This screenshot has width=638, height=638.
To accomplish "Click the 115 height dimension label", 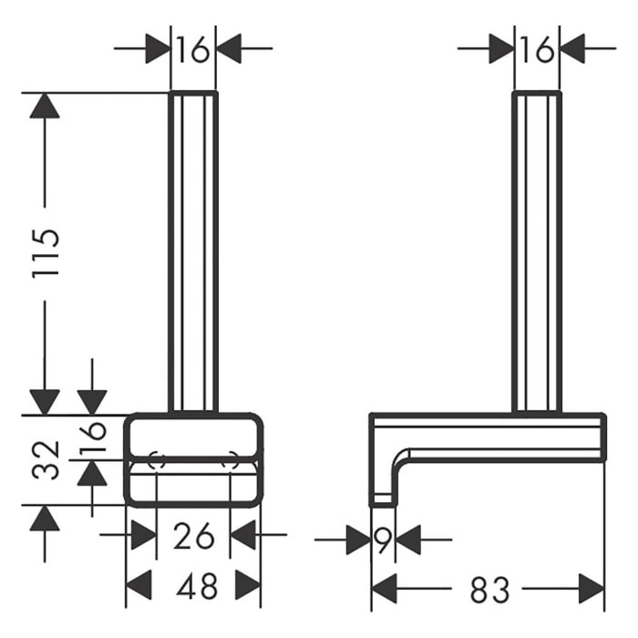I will pos(48,252).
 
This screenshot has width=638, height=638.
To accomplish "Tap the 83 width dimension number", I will pos(489,590).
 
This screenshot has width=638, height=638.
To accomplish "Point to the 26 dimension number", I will pos(193,537).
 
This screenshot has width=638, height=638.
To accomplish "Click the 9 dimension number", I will pos(383,540).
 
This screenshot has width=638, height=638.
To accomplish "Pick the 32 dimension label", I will pos(49,460).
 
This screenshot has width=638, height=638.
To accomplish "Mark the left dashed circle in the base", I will pos(156,460).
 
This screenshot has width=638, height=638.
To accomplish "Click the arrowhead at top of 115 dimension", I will pos(44,106).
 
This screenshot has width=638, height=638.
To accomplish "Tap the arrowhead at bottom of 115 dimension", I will pos(44,401).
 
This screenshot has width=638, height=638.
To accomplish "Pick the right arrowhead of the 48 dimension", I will pos(247,586).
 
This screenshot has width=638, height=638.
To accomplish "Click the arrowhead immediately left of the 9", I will pos(357,540).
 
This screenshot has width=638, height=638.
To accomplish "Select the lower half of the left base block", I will pos(193,483).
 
